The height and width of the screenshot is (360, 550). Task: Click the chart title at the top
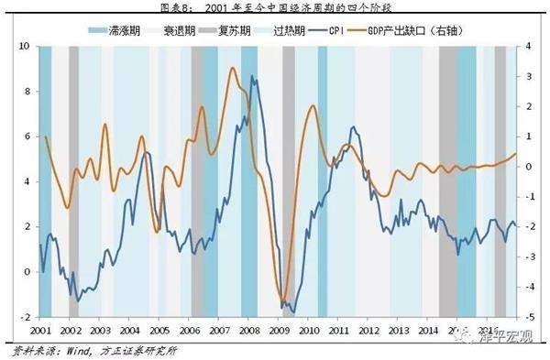274,9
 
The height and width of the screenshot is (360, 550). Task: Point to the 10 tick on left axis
25,46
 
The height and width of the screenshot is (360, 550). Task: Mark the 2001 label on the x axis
39,329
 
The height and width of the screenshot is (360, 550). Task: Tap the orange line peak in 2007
232,68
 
